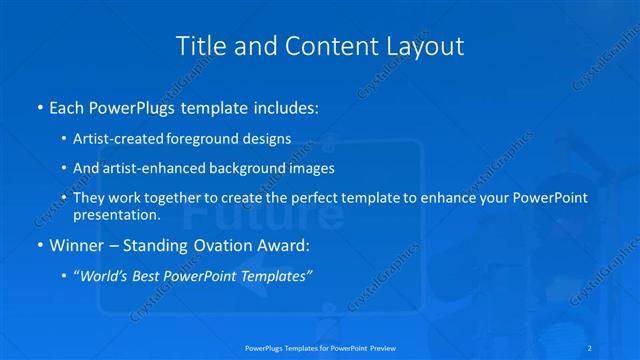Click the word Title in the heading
[x=199, y=46]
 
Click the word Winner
[x=77, y=244]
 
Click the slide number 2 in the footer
[x=593, y=348]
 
